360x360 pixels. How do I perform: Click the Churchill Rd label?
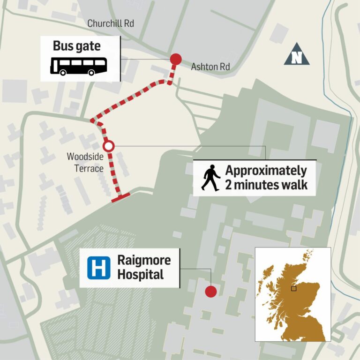(111, 23)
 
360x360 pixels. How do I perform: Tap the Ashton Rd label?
(210, 67)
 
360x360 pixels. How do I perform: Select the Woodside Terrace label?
(85, 162)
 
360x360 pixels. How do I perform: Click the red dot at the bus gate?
(175, 59)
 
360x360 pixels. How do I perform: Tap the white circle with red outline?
(108, 146)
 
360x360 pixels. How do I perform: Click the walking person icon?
(210, 178)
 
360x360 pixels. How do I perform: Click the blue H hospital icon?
(98, 268)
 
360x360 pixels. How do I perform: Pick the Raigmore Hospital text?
(143, 267)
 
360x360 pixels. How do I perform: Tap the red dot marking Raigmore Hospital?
(211, 292)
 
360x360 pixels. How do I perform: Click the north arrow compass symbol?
(297, 54)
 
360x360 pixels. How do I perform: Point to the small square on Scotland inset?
(293, 288)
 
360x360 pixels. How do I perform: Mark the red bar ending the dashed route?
(120, 198)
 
